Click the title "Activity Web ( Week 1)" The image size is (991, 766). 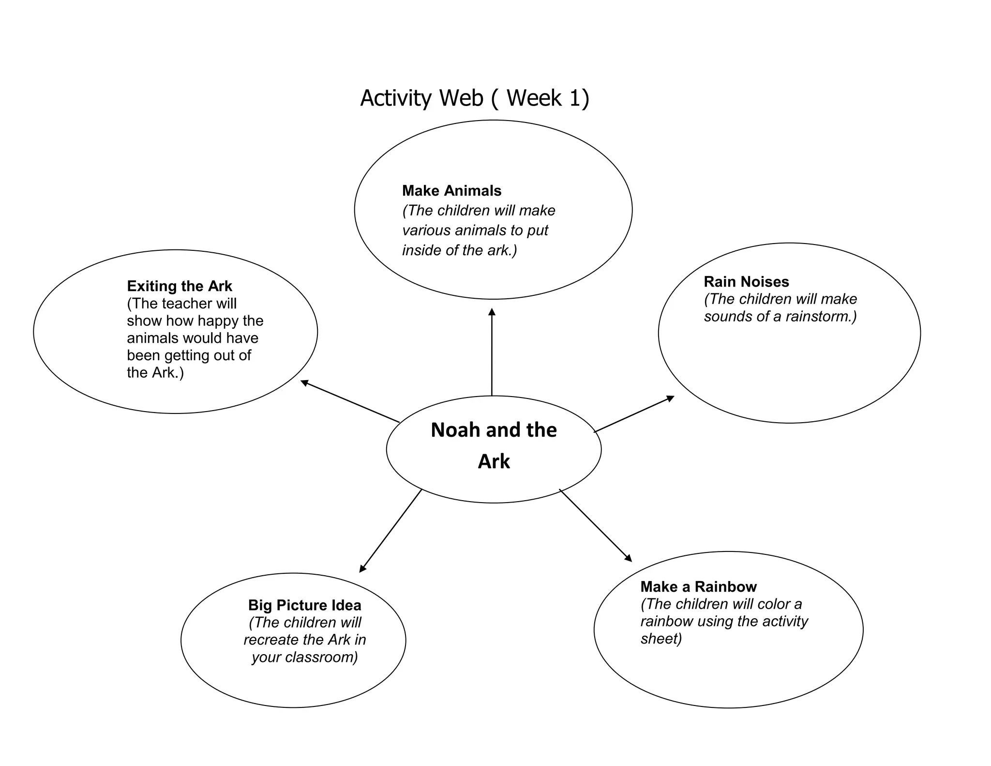pos(475,98)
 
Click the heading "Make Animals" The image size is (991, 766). pos(451,191)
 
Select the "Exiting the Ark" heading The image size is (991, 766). pos(180,286)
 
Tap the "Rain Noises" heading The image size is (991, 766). pos(746,282)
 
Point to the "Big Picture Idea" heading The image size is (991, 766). pos(304,605)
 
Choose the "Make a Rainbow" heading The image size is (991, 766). pos(698,587)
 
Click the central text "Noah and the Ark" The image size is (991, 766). pos(494,445)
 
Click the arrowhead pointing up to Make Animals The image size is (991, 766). pos(492,312)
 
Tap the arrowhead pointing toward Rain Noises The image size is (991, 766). pos(670,398)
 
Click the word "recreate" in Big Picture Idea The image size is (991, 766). pos(271,640)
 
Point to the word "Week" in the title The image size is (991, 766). pos(534,98)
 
